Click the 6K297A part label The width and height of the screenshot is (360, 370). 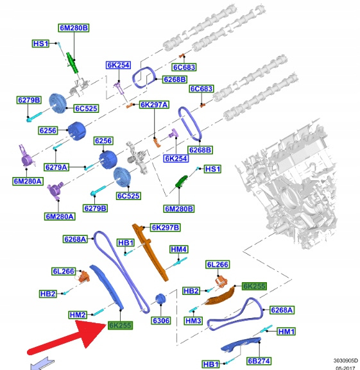pyautogui.click(x=155, y=105)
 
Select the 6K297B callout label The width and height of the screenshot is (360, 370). pyautogui.click(x=166, y=228)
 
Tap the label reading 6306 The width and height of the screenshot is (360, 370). pyautogui.click(x=161, y=321)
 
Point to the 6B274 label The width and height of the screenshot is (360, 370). pyautogui.click(x=259, y=361)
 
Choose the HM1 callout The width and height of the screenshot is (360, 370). pyautogui.click(x=286, y=332)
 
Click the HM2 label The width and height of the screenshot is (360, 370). pyautogui.click(x=78, y=315)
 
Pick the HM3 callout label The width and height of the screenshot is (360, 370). pyautogui.click(x=193, y=321)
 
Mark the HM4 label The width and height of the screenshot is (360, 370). pyautogui.click(x=179, y=249)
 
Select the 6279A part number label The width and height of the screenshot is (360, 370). pyautogui.click(x=56, y=167)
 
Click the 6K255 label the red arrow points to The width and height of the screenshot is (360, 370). pyautogui.click(x=120, y=325)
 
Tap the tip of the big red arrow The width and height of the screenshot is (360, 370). pyautogui.click(x=107, y=325)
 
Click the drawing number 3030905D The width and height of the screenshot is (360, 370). pyautogui.click(x=346, y=360)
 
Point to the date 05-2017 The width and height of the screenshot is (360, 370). pyautogui.click(x=345, y=367)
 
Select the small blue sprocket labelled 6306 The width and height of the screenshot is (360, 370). pyautogui.click(x=160, y=299)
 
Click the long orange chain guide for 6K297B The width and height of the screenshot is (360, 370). pyautogui.click(x=150, y=252)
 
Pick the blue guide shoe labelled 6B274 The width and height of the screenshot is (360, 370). pyautogui.click(x=241, y=345)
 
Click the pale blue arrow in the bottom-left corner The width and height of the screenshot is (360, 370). pyautogui.click(x=42, y=364)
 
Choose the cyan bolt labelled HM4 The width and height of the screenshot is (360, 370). pyautogui.click(x=180, y=262)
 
